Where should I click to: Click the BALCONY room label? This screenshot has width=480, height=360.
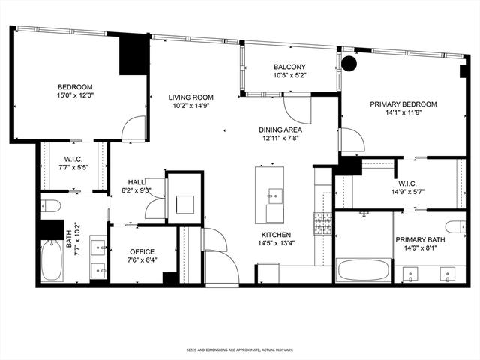pos(289,67)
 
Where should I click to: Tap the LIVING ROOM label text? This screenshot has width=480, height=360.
pos(190,97)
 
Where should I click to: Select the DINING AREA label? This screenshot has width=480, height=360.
pos(280,130)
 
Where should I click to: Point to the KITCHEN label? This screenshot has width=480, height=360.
pos(276,235)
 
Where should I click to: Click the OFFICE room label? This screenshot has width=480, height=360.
pos(142,252)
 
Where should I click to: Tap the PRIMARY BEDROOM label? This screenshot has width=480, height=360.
pos(403,104)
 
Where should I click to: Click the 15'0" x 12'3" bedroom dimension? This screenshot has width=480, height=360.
pos(75,95)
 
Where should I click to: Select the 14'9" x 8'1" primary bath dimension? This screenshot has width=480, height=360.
pos(420,248)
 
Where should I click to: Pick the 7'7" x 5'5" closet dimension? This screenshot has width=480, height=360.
pos(73,167)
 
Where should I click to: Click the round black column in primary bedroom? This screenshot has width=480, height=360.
pos(349,63)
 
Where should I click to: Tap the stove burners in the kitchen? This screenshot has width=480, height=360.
pos(322,223)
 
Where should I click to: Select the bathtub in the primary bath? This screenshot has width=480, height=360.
pos(363,270)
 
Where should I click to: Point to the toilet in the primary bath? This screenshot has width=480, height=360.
pos(455,227)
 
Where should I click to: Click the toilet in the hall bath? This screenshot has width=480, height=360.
pos(50,205)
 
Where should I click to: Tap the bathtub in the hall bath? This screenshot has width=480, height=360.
pos(52,261)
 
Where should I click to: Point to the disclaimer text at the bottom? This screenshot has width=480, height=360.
pos(240,349)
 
